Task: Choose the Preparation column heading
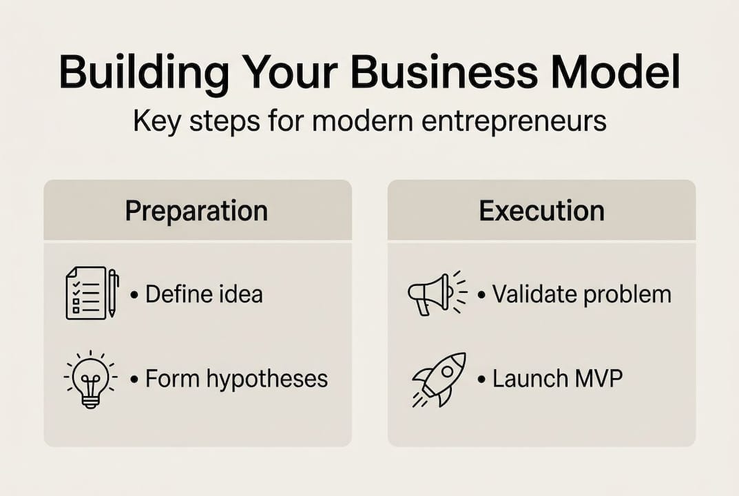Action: pyautogui.click(x=196, y=211)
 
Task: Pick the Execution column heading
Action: pyautogui.click(x=541, y=211)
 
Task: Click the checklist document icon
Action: pyautogui.click(x=85, y=293)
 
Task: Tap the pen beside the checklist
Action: pyautogui.click(x=113, y=292)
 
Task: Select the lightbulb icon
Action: pyautogui.click(x=90, y=380)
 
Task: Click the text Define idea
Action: pyautogui.click(x=204, y=295)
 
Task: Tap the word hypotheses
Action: pyautogui.click(x=274, y=379)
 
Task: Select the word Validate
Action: pyautogui.click(x=535, y=295)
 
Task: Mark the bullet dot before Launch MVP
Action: pyautogui.click(x=480, y=380)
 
